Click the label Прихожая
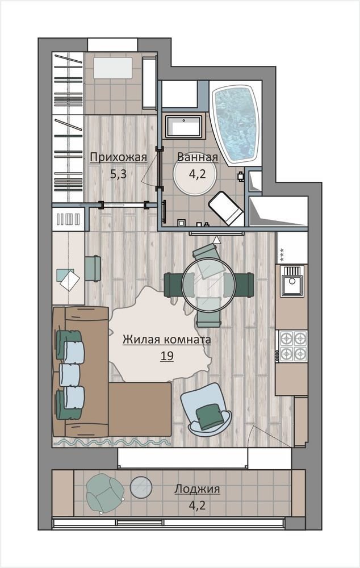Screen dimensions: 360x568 pyautogui.click(x=118, y=157)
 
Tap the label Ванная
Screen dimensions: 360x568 pyautogui.click(x=198, y=157)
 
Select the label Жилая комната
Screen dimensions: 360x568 pyautogui.click(x=166, y=340)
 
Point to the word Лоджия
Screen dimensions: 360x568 pyautogui.click(x=197, y=490)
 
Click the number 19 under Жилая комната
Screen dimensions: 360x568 pyautogui.click(x=167, y=356)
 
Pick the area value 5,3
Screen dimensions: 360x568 pyautogui.click(x=118, y=174)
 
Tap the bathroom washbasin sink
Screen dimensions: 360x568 pyautogui.click(x=183, y=127)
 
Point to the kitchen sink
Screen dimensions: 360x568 pyautogui.click(x=292, y=281)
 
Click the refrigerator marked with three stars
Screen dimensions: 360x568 pyautogui.click(x=292, y=248)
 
